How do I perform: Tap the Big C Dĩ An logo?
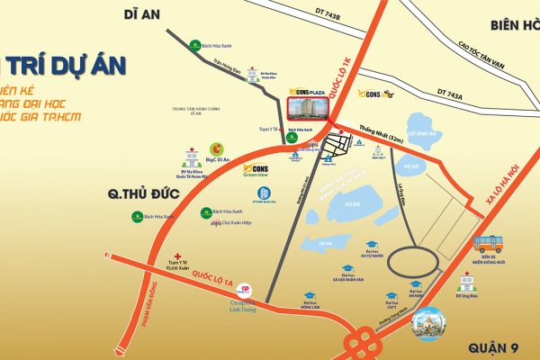coord(216,148)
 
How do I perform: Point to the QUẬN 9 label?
coord(494,347)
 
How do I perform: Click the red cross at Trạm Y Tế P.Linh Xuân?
coord(180,256)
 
